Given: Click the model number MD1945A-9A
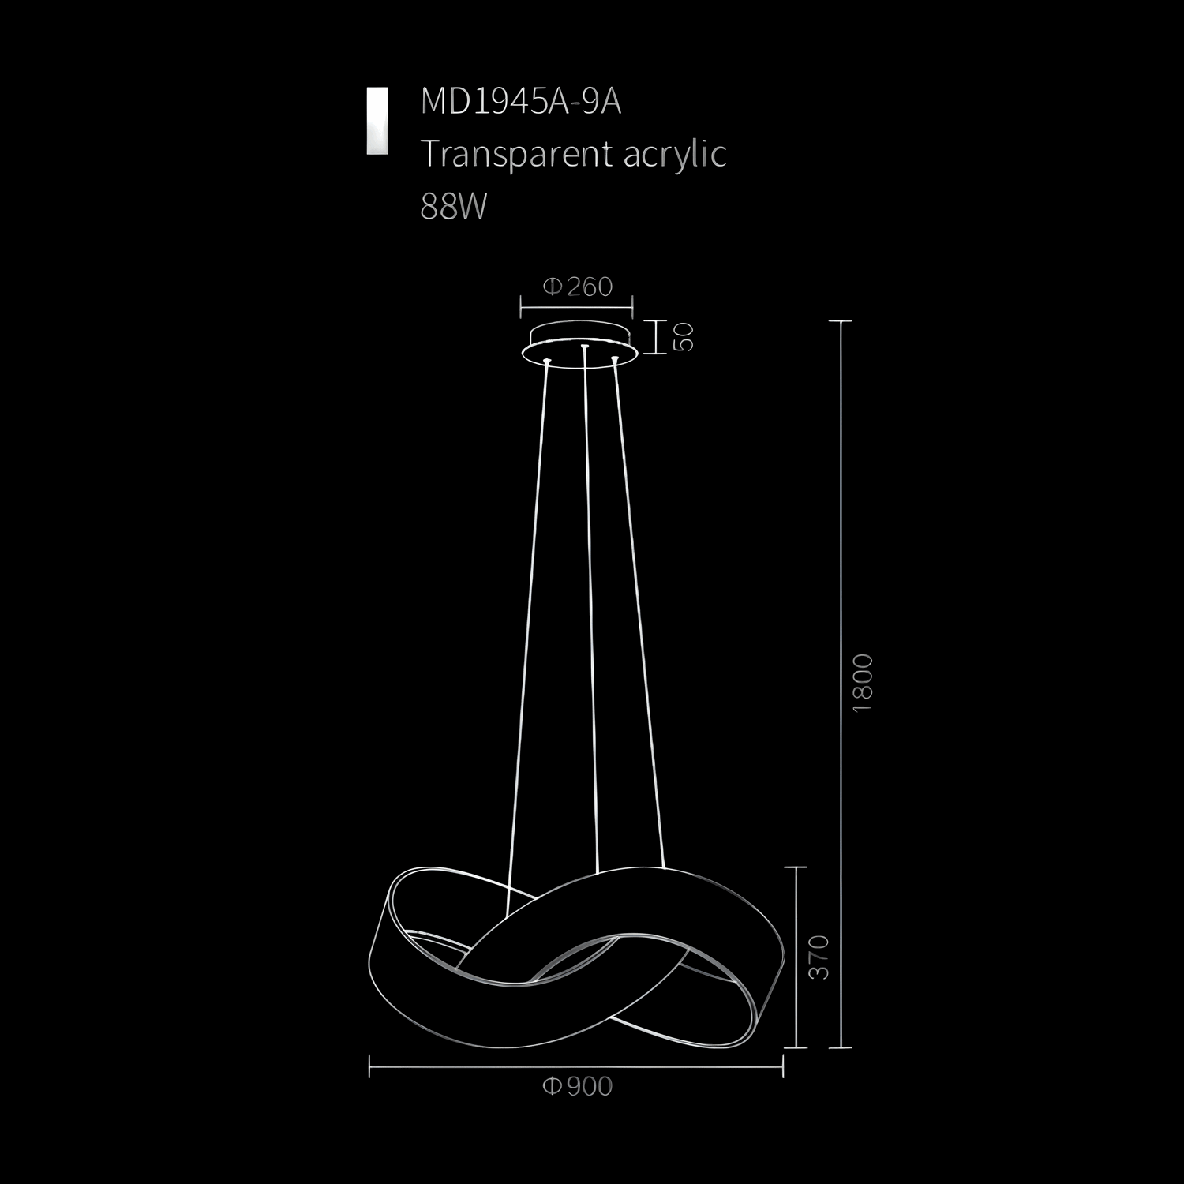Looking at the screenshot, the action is [521, 102].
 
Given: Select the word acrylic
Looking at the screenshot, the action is [675, 154].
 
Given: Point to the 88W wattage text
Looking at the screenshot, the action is [454, 207].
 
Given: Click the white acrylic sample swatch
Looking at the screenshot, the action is [377, 120].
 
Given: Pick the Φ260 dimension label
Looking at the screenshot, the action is [577, 287].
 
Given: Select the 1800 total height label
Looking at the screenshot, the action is [864, 683].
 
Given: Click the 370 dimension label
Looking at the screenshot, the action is [820, 957].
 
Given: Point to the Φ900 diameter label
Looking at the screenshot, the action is [577, 1087].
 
